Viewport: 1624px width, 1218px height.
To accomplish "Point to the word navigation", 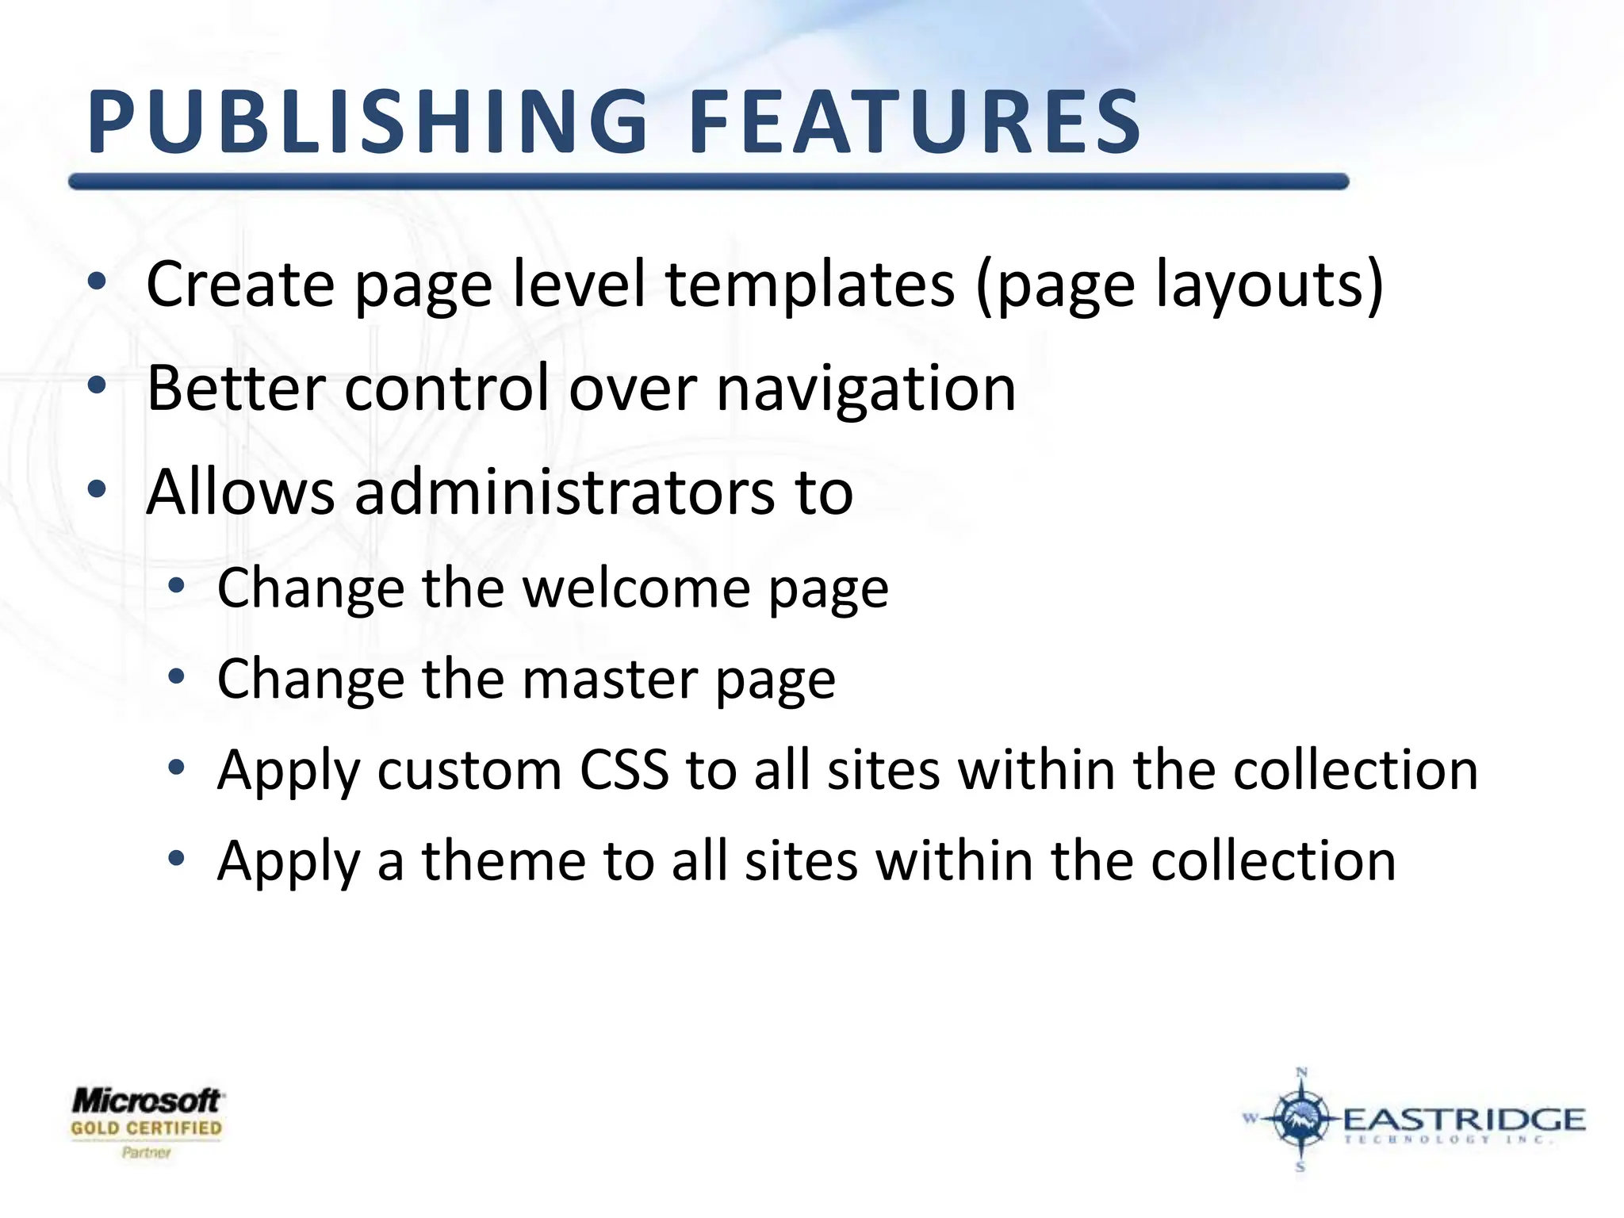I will pyautogui.click(x=865, y=389).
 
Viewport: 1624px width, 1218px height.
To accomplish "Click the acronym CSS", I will pyautogui.click(x=624, y=770).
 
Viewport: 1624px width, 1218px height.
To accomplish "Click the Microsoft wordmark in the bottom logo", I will pyautogui.click(x=147, y=1101).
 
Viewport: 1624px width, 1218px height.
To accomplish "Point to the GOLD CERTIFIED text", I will pyautogui.click(x=147, y=1128).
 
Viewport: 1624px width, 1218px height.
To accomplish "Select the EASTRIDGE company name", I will pyautogui.click(x=1463, y=1119).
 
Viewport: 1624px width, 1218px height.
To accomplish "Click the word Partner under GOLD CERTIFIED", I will pyautogui.click(x=147, y=1152).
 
